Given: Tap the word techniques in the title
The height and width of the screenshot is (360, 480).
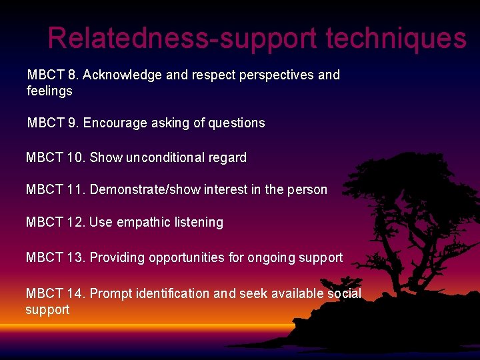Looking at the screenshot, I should (x=396, y=38).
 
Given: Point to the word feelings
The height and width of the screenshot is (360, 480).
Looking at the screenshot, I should (x=49, y=91).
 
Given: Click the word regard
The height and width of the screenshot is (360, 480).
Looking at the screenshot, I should (x=227, y=157).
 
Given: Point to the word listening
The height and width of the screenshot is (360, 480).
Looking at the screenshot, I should (x=198, y=222).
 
